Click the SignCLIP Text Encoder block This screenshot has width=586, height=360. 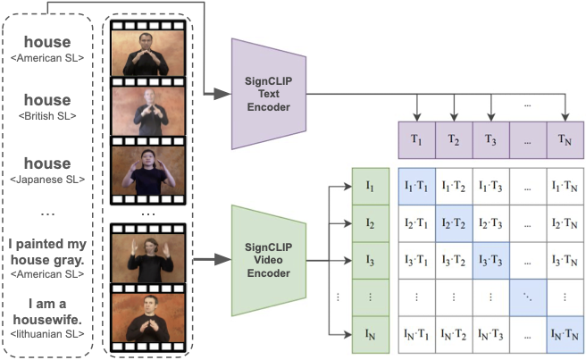coord(269,94)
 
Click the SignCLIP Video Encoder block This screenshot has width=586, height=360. coord(269,260)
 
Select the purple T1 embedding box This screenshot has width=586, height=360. coord(416,140)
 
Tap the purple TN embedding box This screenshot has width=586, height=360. coord(565,140)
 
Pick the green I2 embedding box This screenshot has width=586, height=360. coord(371,223)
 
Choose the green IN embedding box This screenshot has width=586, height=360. coord(371,335)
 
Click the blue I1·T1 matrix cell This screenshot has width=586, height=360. coord(416,186)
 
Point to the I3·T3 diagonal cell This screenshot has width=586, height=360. coord(490,261)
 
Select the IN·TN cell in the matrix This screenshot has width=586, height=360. coord(565,335)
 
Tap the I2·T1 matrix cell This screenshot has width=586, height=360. coord(416,223)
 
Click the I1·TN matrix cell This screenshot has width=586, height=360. coord(565,186)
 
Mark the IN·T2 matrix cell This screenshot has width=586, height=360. coord(454,335)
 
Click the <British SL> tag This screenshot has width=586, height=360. coord(47,116)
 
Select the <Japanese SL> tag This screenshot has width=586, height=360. coord(47,180)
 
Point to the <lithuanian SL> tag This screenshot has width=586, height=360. coord(47,334)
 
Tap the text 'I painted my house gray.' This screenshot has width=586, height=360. coord(47,252)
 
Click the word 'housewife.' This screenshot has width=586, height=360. coord(47,320)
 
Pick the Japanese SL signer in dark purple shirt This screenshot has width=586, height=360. coord(148,171)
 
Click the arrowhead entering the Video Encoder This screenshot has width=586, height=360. coord(222,259)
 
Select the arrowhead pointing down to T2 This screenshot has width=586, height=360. coord(454,116)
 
